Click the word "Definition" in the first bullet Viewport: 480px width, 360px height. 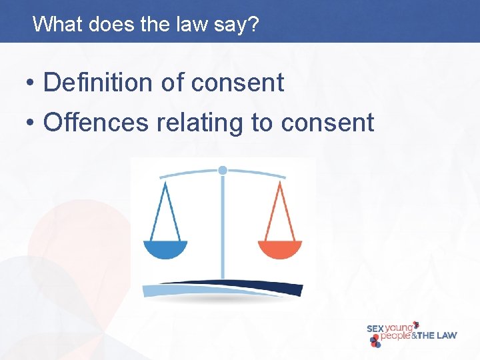[x=98, y=83]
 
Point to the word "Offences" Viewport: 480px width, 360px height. [x=95, y=122]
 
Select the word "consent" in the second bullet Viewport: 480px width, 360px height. [x=327, y=122]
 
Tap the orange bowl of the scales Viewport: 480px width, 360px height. [x=280, y=249]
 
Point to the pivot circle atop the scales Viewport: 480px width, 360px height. [x=223, y=170]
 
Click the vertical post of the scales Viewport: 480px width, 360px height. [x=223, y=227]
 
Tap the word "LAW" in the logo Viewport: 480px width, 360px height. [x=445, y=335]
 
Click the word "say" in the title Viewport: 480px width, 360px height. [x=233, y=25]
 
